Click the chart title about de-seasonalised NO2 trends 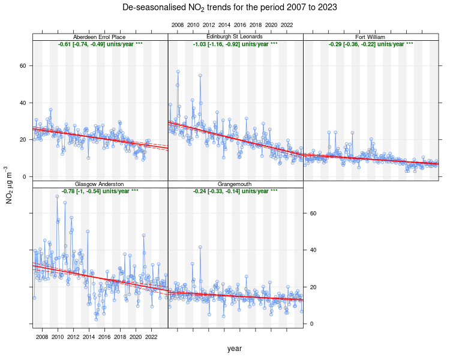(230, 8)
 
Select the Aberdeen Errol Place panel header (100, 37)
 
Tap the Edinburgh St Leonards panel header (235, 37)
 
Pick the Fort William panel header (370, 37)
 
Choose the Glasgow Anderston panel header (100, 184)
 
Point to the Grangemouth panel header (235, 184)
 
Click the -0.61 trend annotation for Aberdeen (100, 44)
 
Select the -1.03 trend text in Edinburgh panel (235, 44)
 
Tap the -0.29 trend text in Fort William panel (371, 44)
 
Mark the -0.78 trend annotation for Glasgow (100, 191)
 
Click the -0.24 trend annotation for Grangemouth (235, 191)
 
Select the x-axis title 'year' (235, 348)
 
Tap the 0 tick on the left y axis (25, 176)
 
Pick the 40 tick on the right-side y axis (313, 250)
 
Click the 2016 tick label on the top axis (240, 25)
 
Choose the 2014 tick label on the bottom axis (89, 337)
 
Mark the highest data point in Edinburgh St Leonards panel (178, 71)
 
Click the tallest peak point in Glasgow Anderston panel (57, 196)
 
